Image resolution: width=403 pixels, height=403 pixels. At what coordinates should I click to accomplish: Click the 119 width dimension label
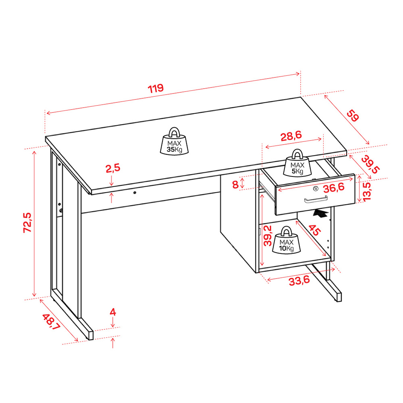point(156,88)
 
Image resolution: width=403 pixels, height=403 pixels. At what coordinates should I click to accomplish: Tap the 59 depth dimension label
point(353,116)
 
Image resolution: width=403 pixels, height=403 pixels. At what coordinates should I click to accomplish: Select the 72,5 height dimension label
point(27,222)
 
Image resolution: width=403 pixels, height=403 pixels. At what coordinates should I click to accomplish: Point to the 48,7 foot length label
point(51,322)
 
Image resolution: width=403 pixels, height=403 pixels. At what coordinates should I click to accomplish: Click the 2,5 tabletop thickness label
point(113,168)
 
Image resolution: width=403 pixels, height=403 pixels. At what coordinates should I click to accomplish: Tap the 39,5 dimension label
point(370,165)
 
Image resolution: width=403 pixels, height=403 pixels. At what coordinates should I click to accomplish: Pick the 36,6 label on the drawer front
point(334,188)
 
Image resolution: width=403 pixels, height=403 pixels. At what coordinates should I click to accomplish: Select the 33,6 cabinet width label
point(299,281)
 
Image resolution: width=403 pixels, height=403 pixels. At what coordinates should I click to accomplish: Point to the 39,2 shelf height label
point(268,235)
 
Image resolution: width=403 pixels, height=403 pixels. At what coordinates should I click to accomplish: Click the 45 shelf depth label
point(314,230)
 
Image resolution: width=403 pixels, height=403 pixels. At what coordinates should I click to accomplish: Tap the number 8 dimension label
point(235,185)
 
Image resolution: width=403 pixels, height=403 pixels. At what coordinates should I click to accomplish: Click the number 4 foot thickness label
point(113,312)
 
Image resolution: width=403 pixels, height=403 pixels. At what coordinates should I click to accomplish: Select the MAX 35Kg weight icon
point(174,141)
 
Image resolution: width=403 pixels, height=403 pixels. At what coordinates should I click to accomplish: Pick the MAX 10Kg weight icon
point(286,240)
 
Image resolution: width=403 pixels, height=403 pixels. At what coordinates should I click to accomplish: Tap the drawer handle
point(316,199)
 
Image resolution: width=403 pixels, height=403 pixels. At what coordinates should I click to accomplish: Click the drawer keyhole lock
point(316,189)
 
